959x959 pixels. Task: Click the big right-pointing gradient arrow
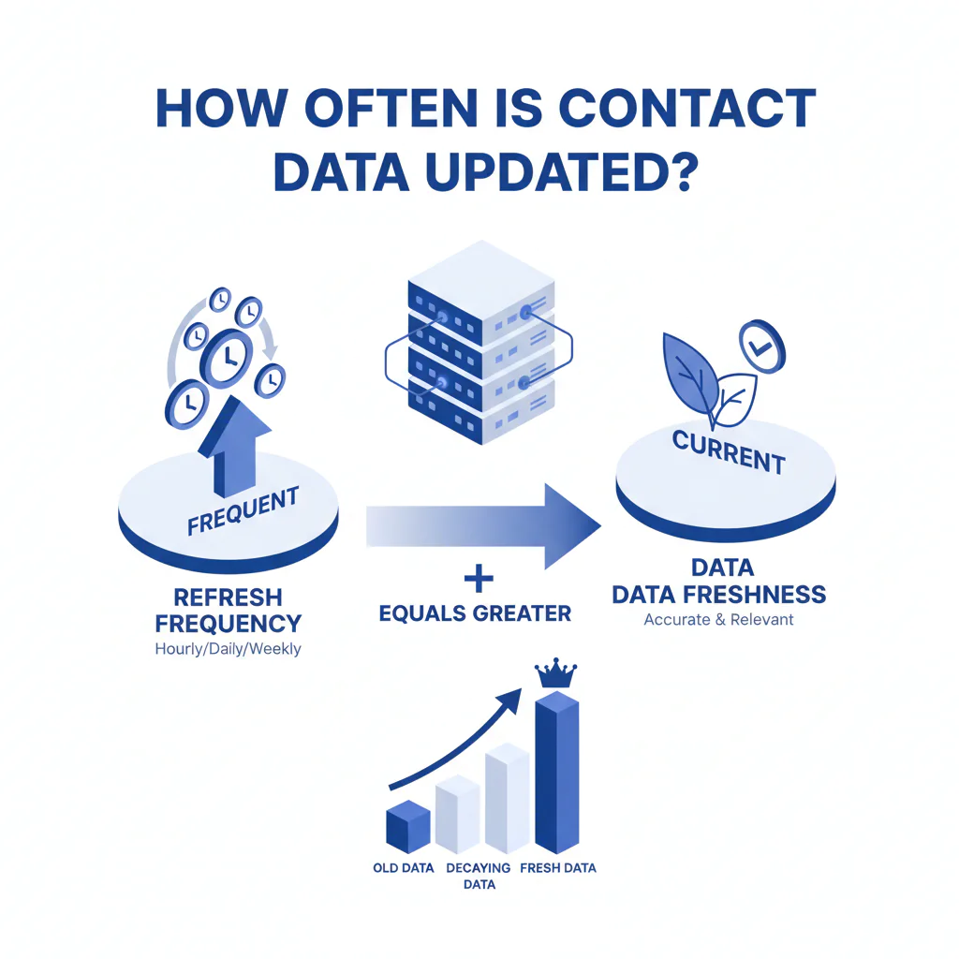coord(487,525)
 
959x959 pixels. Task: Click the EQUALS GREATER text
coord(475,614)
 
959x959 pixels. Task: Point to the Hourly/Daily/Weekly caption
coord(228,648)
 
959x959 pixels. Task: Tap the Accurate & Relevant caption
coord(718,619)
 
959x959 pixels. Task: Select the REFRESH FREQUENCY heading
coord(229,610)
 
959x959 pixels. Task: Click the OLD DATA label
coord(403,868)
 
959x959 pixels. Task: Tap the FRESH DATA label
coord(557,868)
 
